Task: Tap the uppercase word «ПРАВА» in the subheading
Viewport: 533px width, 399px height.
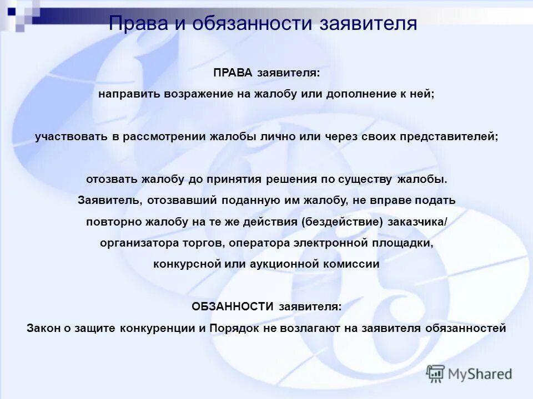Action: point(232,73)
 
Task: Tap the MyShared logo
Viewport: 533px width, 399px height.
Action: point(469,374)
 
